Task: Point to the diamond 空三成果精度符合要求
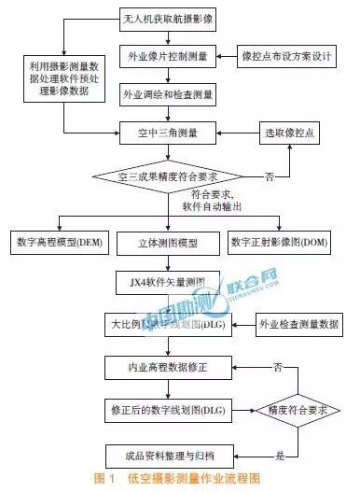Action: pyautogui.click(x=169, y=174)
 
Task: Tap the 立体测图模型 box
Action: pyautogui.click(x=169, y=242)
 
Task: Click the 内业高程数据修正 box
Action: pyautogui.click(x=169, y=367)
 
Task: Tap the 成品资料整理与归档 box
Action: pyautogui.click(x=169, y=455)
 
